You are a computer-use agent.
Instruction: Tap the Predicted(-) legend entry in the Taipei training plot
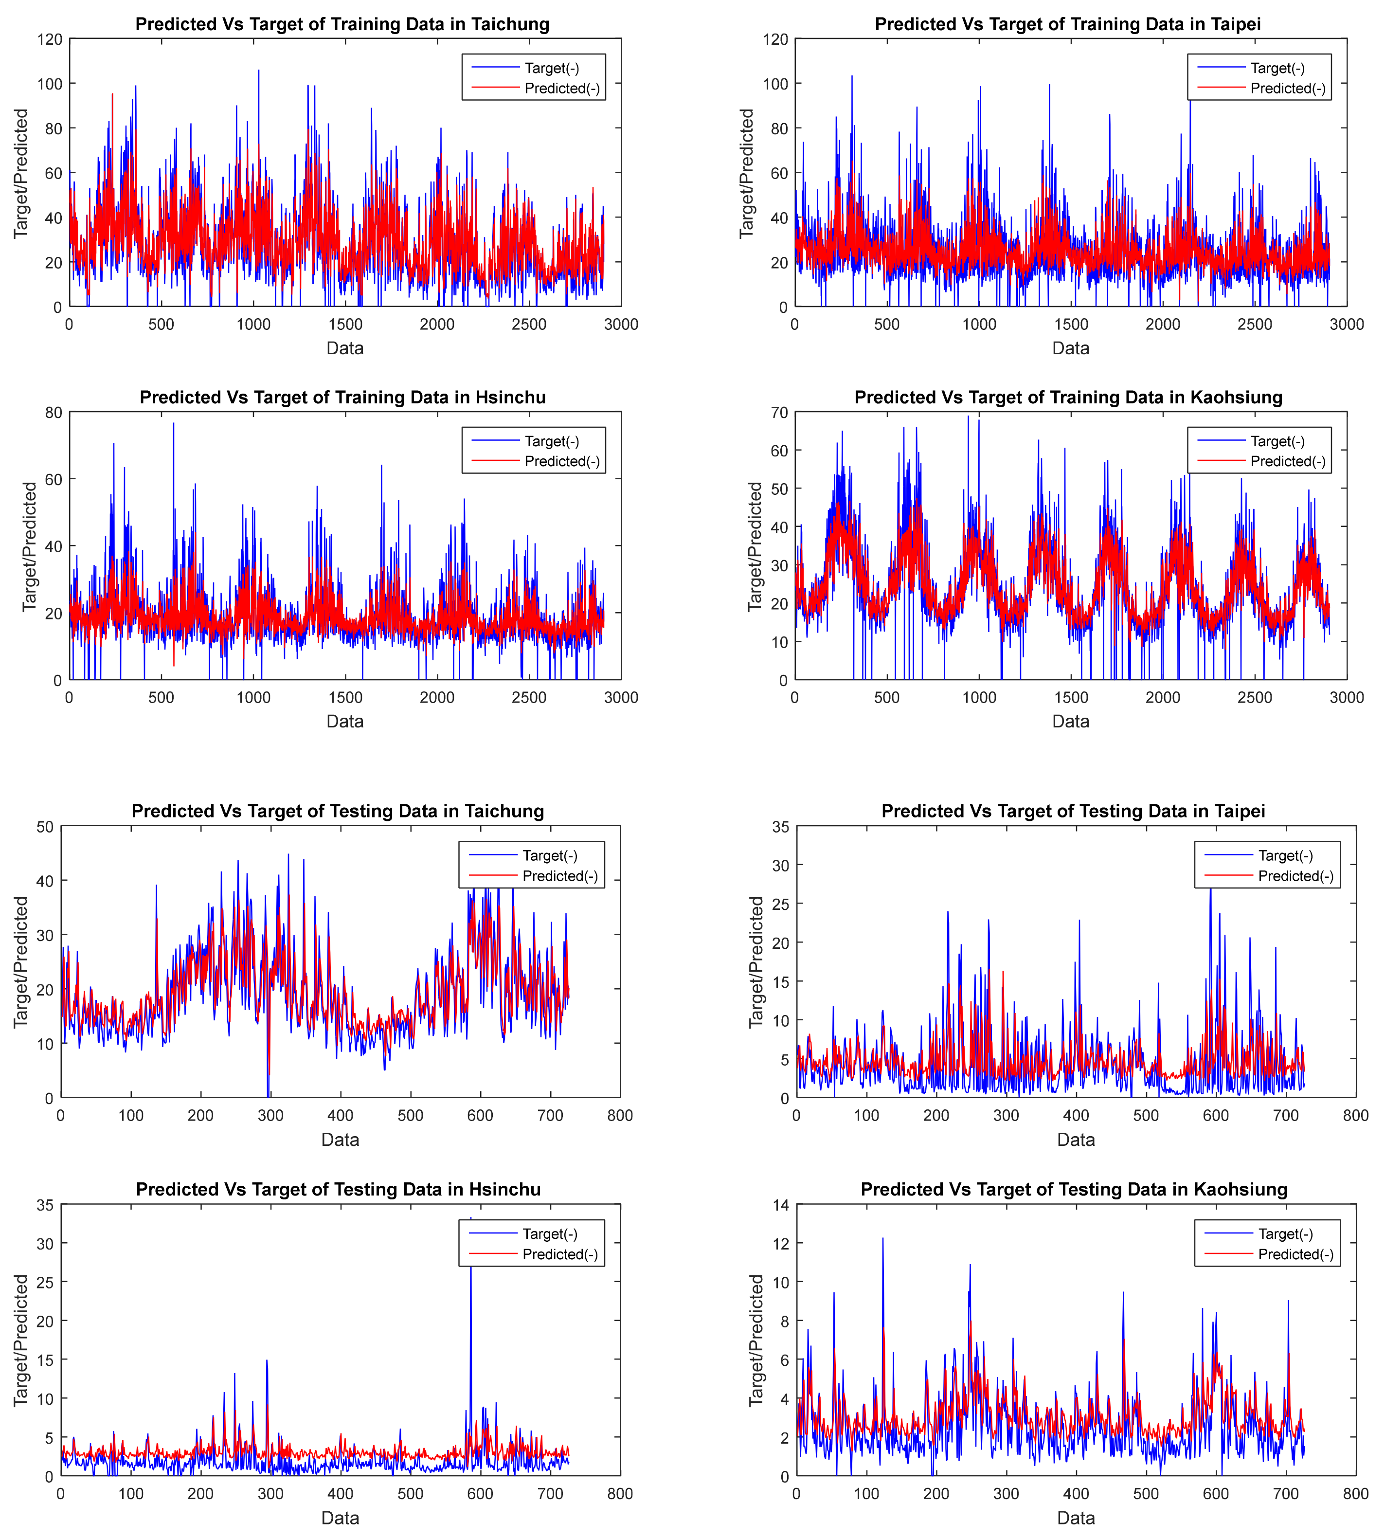click(x=1288, y=88)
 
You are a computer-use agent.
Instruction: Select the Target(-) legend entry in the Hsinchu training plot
click(x=552, y=441)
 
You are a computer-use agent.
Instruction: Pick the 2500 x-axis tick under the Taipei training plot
click(x=1254, y=324)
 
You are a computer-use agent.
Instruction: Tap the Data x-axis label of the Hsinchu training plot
click(x=345, y=721)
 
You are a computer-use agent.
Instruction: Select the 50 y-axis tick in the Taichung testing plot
click(x=45, y=827)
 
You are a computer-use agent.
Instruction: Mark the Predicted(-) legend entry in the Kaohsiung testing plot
click(x=1295, y=1254)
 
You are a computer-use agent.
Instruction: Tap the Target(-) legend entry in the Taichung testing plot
click(x=549, y=856)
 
